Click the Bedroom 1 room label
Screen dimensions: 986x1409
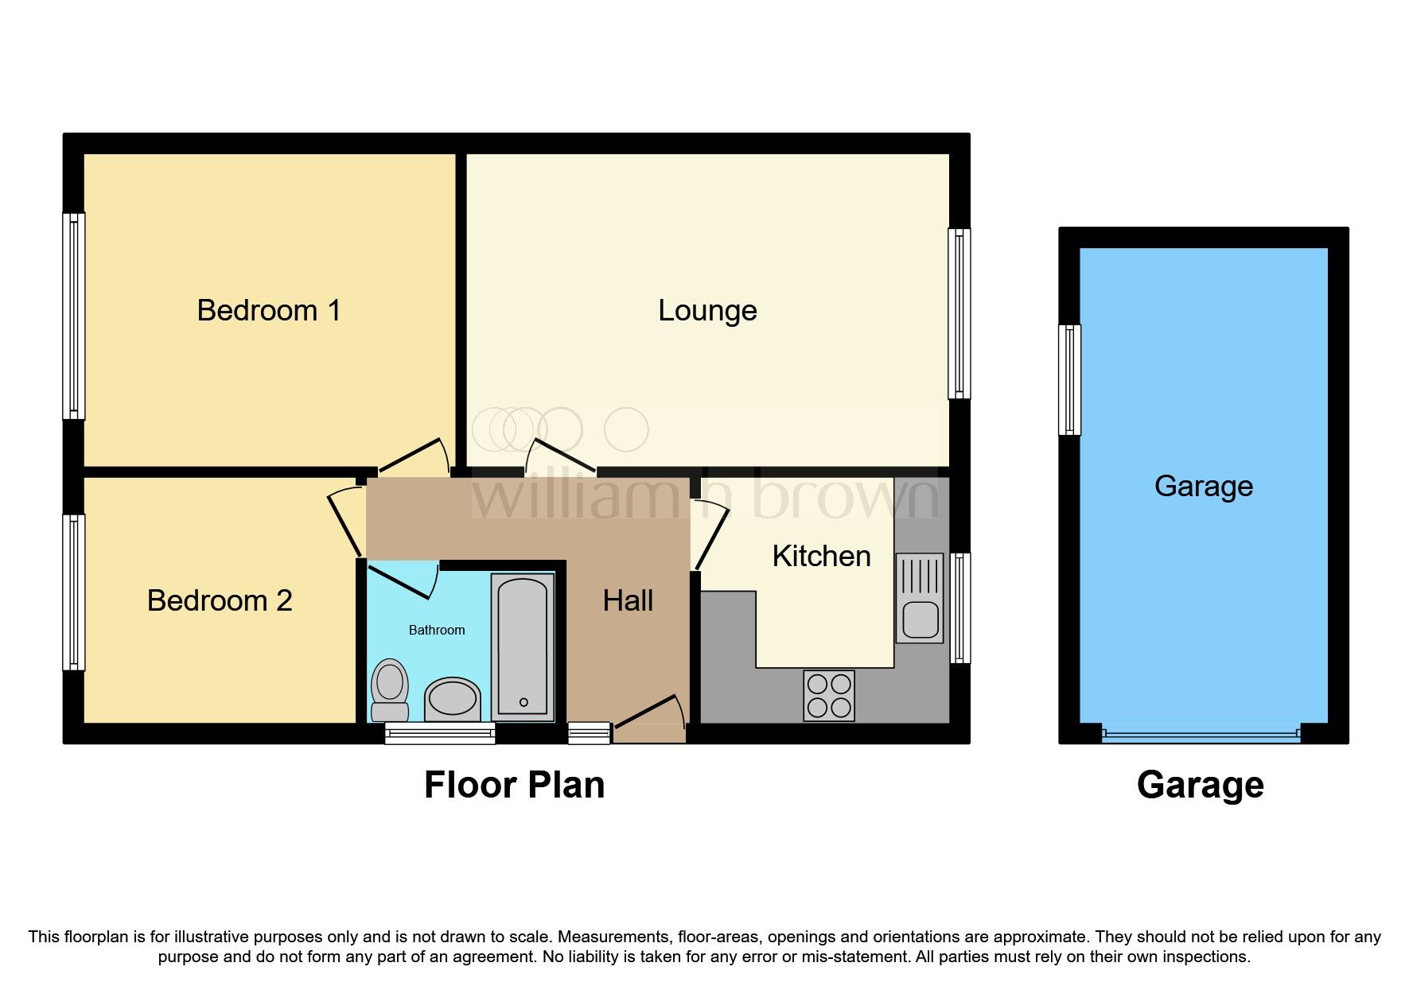point(269,310)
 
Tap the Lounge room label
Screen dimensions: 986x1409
point(706,310)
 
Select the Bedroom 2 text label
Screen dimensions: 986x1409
point(220,600)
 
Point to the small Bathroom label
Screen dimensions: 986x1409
point(436,630)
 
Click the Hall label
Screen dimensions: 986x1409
point(628,600)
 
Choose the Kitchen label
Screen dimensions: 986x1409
point(821,556)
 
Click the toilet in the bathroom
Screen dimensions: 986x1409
point(390,689)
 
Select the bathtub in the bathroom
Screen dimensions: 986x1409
point(523,645)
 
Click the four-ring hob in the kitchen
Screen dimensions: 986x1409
point(829,696)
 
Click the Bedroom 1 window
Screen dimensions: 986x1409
point(74,316)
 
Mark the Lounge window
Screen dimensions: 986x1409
point(959,313)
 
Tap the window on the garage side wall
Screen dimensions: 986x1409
point(1070,380)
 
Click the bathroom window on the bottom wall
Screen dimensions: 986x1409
point(440,733)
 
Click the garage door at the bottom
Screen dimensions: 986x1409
point(1201,736)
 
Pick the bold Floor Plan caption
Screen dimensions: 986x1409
point(514,785)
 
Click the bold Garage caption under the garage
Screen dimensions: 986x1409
point(1200,785)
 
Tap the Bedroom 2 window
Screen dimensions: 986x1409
point(74,592)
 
